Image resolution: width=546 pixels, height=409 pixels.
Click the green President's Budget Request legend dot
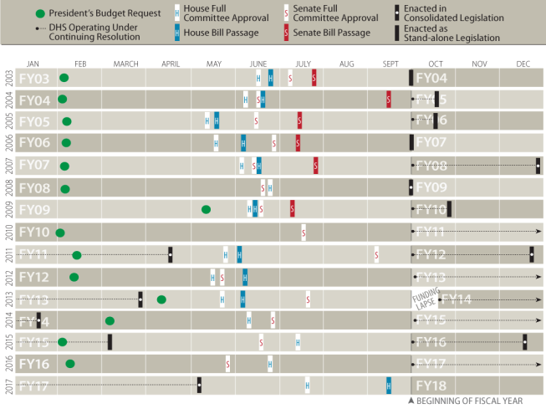[41, 14]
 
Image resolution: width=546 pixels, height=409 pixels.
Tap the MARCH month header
[126, 64]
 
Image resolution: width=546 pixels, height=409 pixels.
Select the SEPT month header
[390, 64]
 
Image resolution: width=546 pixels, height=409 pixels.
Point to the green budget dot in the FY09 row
[206, 209]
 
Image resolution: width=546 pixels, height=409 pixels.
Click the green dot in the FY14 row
[110, 320]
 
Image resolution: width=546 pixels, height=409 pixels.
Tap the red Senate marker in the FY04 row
[389, 100]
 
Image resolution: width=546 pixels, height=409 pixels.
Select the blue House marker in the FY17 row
[389, 385]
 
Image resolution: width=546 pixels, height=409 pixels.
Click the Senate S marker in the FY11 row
[377, 253]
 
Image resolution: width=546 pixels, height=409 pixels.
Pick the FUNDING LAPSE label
[426, 299]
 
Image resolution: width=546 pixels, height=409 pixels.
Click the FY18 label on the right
[431, 386]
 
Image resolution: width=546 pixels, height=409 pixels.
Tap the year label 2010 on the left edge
[7, 231]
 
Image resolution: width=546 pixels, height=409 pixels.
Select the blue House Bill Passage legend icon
[176, 33]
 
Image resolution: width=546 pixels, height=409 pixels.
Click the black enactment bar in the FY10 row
[449, 209]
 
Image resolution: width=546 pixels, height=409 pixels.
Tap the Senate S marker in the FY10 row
[304, 232]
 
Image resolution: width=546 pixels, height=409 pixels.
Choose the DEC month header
[523, 64]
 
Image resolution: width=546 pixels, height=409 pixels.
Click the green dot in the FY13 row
[161, 299]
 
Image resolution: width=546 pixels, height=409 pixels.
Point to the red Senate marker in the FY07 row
[316, 166]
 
